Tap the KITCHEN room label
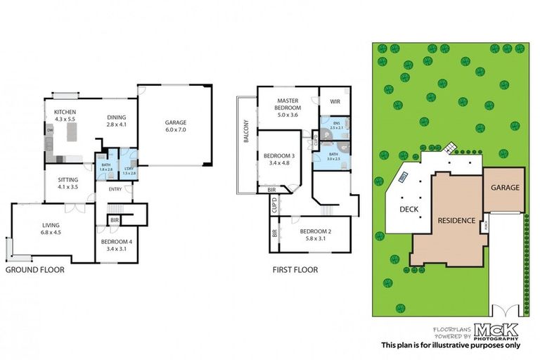tap(65, 112)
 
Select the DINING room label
tap(117, 117)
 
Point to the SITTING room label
tap(67, 180)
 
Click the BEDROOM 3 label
tap(279, 155)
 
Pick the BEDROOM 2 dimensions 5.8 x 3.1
tap(314, 238)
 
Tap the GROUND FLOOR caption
tap(35, 269)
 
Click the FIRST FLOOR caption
tap(295, 269)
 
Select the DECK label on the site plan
tap(409, 209)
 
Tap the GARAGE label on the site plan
tap(504, 188)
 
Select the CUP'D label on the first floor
tap(274, 206)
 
